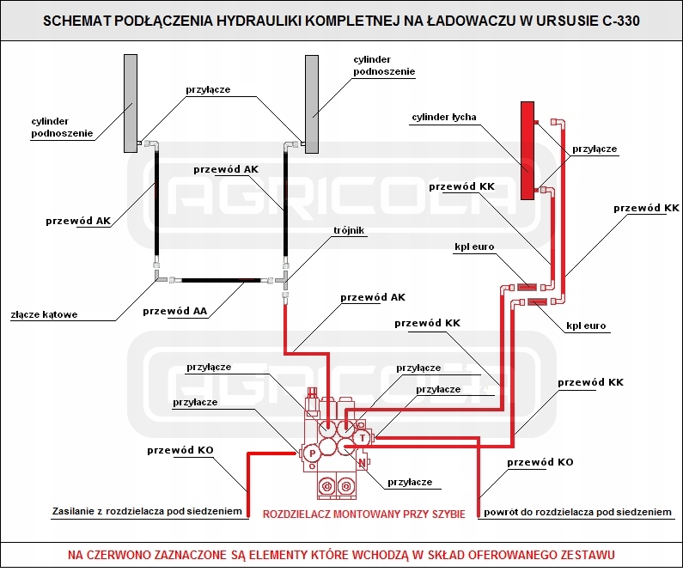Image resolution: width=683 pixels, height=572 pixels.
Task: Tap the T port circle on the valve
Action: (x=363, y=437)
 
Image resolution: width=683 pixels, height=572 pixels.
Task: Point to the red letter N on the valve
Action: (x=363, y=464)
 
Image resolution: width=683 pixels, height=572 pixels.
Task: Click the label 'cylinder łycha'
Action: (x=444, y=117)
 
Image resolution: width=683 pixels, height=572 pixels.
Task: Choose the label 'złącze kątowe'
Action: (x=45, y=314)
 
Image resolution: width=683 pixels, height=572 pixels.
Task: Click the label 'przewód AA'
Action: (x=174, y=310)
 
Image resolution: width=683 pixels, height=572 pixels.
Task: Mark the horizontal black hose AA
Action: (x=220, y=280)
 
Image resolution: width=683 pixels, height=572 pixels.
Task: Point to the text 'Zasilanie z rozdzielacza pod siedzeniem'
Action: (x=146, y=512)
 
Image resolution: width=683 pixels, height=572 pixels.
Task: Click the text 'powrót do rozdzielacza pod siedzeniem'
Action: (x=576, y=512)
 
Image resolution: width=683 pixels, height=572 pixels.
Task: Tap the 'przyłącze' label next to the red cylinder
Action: (x=595, y=149)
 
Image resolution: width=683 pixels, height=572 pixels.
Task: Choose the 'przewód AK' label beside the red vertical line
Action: (x=372, y=297)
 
